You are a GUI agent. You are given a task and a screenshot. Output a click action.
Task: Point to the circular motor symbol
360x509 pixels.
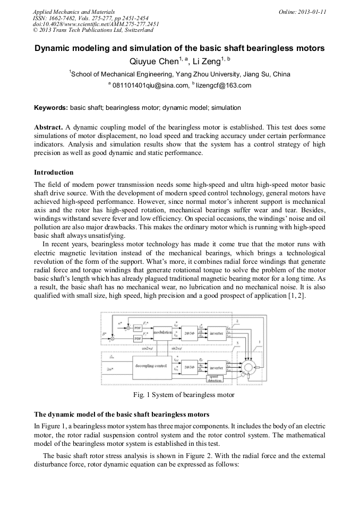(247, 367)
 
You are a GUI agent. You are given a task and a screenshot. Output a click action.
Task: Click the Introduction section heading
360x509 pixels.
(54, 172)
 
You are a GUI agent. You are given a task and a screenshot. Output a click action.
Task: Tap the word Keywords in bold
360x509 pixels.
(50, 108)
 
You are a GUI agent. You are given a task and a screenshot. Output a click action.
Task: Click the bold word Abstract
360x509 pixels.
(48, 128)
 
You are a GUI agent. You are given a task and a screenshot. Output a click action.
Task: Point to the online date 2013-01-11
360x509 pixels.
(314, 12)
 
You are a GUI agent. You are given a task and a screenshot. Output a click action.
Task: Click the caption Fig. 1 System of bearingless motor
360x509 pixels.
(183, 395)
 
